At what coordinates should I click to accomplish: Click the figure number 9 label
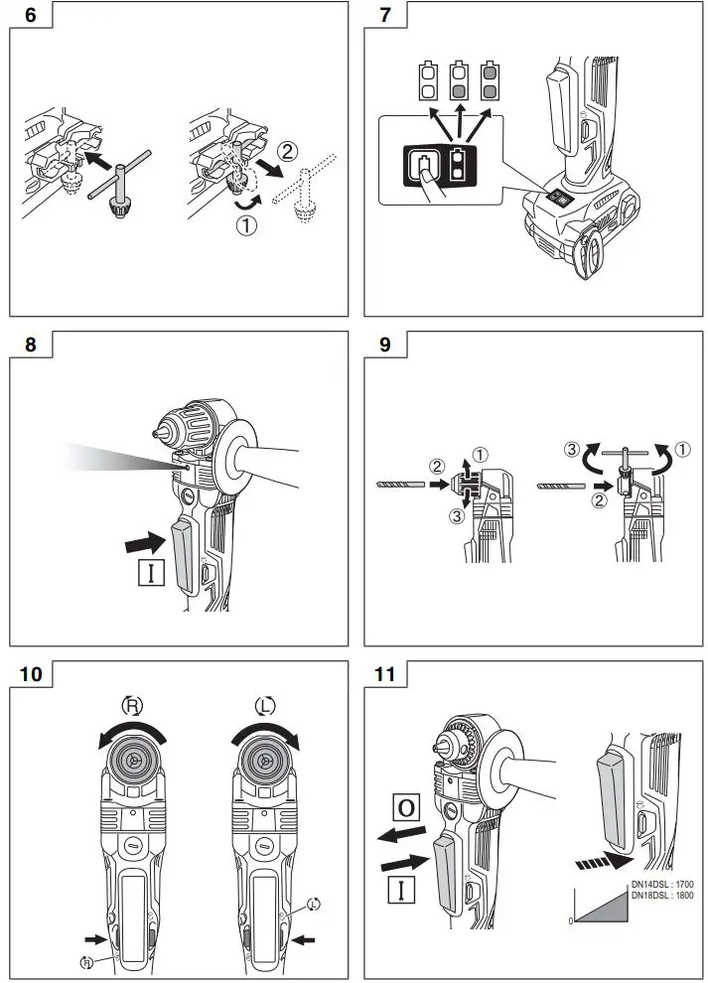[384, 346]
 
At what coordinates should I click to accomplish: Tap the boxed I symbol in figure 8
[151, 573]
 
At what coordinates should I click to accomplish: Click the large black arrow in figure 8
[143, 542]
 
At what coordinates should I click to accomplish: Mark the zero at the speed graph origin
[571, 921]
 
